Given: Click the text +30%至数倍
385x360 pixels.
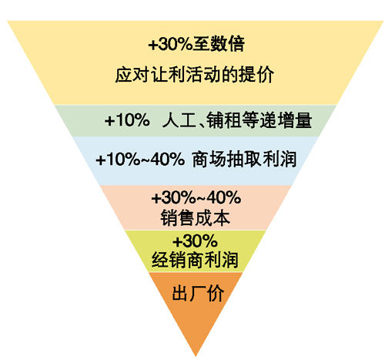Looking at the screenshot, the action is pyautogui.click(x=196, y=44).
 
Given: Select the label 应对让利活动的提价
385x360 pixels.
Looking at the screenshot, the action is pyautogui.click(x=194, y=75).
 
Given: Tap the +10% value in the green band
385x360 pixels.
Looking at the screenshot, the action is pyautogui.click(x=127, y=119).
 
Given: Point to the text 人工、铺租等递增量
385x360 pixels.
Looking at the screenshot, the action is pyautogui.click(x=237, y=119).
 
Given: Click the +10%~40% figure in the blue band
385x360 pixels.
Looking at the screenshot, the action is pyautogui.click(x=140, y=160).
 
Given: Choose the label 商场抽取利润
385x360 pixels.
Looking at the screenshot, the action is pyautogui.click(x=244, y=160).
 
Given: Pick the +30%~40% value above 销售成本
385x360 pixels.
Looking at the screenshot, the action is pyautogui.click(x=196, y=197).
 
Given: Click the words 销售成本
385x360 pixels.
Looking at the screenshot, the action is pyautogui.click(x=195, y=218).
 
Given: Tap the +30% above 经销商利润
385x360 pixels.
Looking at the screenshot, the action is pyautogui.click(x=195, y=241).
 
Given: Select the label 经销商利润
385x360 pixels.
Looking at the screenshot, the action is pyautogui.click(x=195, y=260).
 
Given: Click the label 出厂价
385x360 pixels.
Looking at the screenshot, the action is pyautogui.click(x=198, y=293).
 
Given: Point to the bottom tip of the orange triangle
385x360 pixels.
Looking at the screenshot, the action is pyautogui.click(x=196, y=356).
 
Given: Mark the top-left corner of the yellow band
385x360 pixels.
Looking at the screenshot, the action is pyautogui.click(x=8, y=21).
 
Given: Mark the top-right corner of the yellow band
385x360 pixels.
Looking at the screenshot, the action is pyautogui.click(x=383, y=21).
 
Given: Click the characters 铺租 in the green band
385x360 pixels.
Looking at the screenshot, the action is pyautogui.click(x=224, y=119).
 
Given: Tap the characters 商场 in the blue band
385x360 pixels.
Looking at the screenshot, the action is pyautogui.click(x=209, y=160).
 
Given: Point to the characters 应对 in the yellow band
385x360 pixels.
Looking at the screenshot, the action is pyautogui.click(x=132, y=75).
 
